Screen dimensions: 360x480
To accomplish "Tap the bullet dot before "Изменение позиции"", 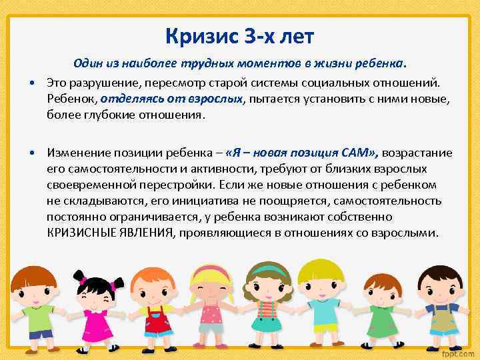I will coord(32,153).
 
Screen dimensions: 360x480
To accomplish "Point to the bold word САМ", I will coord(357,153).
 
